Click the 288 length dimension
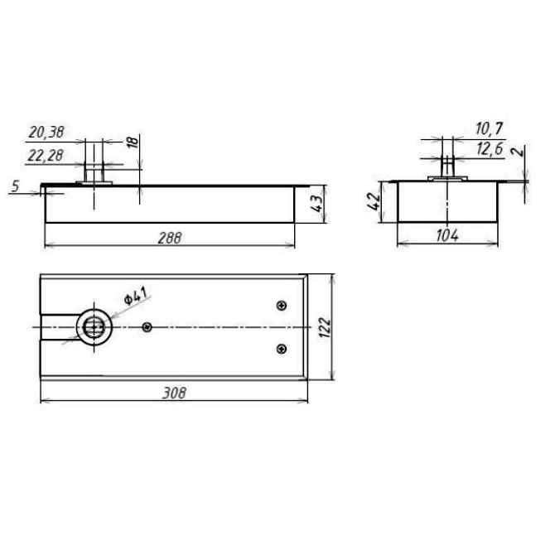(170, 238)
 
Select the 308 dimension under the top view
(174, 393)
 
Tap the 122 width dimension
(325, 327)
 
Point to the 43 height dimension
(317, 204)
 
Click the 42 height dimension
(374, 201)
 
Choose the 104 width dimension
(447, 235)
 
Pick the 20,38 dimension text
(46, 132)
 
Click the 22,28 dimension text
(46, 156)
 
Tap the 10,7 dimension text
(489, 128)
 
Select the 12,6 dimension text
(490, 149)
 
